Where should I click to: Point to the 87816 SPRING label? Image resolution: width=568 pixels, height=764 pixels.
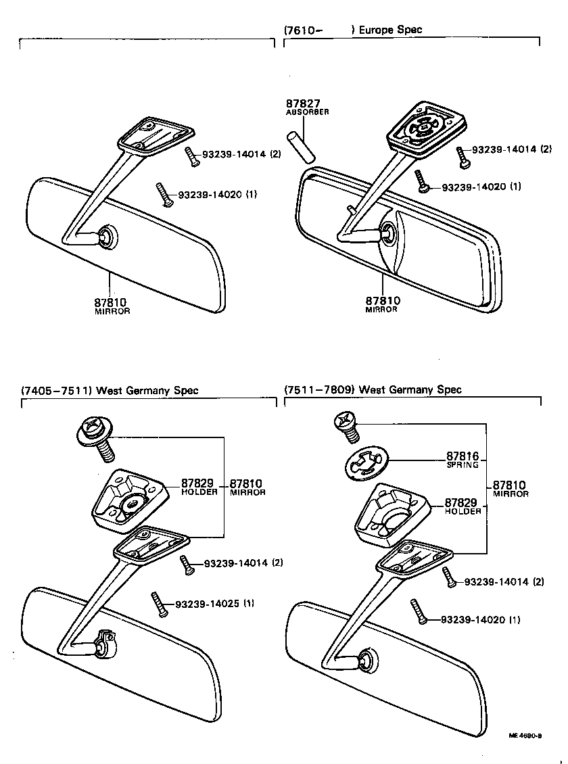[462, 460]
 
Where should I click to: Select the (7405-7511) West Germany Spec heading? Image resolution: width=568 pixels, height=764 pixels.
[110, 391]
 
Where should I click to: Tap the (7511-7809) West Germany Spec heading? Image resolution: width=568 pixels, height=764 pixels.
[373, 389]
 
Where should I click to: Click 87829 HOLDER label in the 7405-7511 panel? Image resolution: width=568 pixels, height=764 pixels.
[198, 487]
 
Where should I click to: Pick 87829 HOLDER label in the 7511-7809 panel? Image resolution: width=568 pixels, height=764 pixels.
[463, 506]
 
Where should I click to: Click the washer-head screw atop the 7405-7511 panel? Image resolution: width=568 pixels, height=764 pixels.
[97, 436]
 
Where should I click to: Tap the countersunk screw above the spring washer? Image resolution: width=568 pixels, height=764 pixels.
[348, 424]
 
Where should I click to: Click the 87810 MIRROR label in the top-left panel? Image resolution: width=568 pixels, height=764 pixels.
[112, 306]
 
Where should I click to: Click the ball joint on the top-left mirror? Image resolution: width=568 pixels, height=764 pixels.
[107, 236]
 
